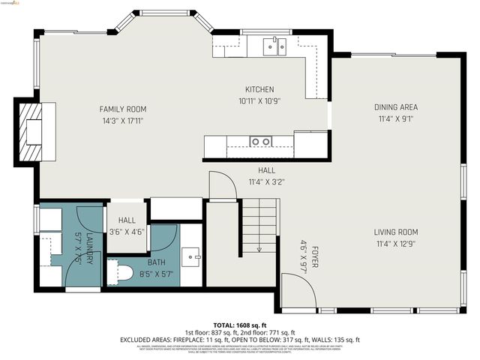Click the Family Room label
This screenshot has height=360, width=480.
point(121,109)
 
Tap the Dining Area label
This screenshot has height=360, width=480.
point(396,107)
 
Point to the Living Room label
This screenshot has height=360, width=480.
point(396,232)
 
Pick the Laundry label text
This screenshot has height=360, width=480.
point(88,247)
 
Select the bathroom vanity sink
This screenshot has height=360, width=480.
point(192,256)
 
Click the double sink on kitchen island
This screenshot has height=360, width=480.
point(261,141)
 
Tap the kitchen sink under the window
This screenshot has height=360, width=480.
point(275,47)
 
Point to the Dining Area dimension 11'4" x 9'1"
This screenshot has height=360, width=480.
point(396,118)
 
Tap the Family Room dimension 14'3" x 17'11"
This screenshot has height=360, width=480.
point(121,120)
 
